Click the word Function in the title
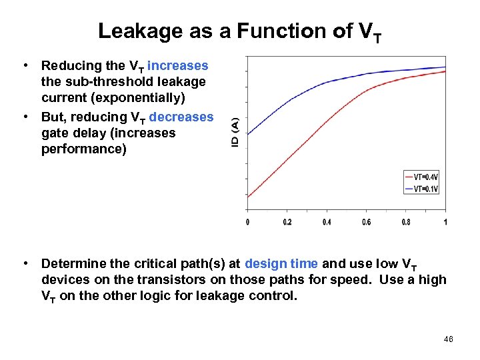[x=266, y=31]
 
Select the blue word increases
[x=178, y=66]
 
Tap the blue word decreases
[x=181, y=117]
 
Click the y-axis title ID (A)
[x=235, y=133]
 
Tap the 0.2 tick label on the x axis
[x=287, y=222]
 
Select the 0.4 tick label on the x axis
[x=326, y=222]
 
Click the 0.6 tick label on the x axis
[x=366, y=222]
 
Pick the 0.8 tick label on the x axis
[x=405, y=222]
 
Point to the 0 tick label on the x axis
[x=248, y=222]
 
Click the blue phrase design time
[x=281, y=263]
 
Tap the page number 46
[x=448, y=339]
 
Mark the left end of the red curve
[x=248, y=197]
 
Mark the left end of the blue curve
[x=248, y=134]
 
